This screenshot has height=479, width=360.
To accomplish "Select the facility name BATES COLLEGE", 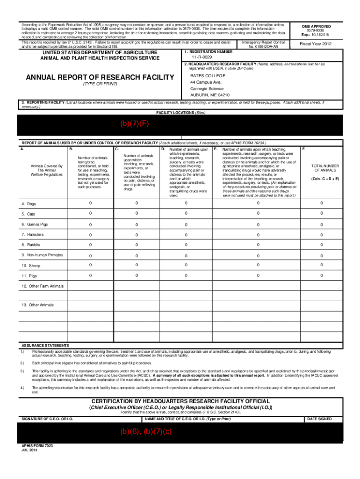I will point(208,75).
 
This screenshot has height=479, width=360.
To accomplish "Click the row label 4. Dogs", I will point(29,204).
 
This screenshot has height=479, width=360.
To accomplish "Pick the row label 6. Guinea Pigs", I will point(34,225).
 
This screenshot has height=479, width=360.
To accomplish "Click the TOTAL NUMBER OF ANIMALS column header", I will point(321,168).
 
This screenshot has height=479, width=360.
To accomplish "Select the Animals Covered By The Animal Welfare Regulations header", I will point(46,170).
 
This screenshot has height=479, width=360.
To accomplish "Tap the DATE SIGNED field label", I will point(319,419).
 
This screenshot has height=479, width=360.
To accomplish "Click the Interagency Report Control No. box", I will point(263,44).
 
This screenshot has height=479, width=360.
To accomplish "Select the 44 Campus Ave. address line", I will point(206,82).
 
